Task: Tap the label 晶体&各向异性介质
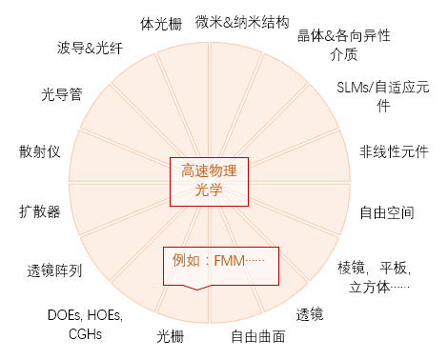343,45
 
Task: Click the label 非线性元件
394,152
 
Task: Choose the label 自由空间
386,212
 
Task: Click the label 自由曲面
258,336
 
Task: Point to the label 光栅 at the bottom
170,336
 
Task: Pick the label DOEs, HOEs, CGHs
82,324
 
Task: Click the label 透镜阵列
54,270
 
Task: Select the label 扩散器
39,210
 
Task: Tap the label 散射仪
39,152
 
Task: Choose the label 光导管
60,94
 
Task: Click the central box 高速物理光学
208,181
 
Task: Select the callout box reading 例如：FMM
220,266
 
